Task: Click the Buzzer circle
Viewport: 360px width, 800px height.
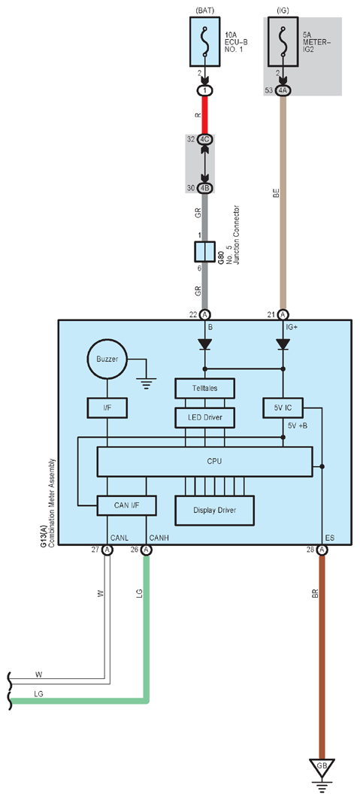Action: click(x=107, y=359)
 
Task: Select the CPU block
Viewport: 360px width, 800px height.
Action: click(x=204, y=462)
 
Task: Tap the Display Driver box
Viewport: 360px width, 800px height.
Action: click(x=215, y=511)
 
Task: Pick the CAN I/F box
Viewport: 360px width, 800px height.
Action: click(x=126, y=506)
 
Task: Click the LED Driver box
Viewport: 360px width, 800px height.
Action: click(x=204, y=418)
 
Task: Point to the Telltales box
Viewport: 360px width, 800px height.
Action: click(x=204, y=388)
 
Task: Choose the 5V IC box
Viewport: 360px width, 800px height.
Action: click(x=283, y=408)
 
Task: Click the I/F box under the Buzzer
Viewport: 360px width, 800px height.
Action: click(x=107, y=408)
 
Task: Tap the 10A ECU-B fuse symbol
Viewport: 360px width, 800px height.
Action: click(x=205, y=41)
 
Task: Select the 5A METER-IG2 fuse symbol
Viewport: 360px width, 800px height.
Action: click(x=283, y=41)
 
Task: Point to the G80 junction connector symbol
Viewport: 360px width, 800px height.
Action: click(x=204, y=252)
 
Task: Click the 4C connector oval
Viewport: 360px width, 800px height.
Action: click(x=205, y=139)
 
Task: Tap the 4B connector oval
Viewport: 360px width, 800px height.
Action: click(x=205, y=188)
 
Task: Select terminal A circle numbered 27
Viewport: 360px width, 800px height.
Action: click(x=107, y=550)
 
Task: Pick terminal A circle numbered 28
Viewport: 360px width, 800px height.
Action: click(x=322, y=550)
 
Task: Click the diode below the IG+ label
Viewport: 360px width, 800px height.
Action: click(x=283, y=344)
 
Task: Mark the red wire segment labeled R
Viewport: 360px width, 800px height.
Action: click(x=205, y=115)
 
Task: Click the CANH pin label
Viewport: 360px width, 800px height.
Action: click(x=159, y=538)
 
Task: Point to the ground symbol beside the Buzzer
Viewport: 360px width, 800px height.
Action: click(x=147, y=383)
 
